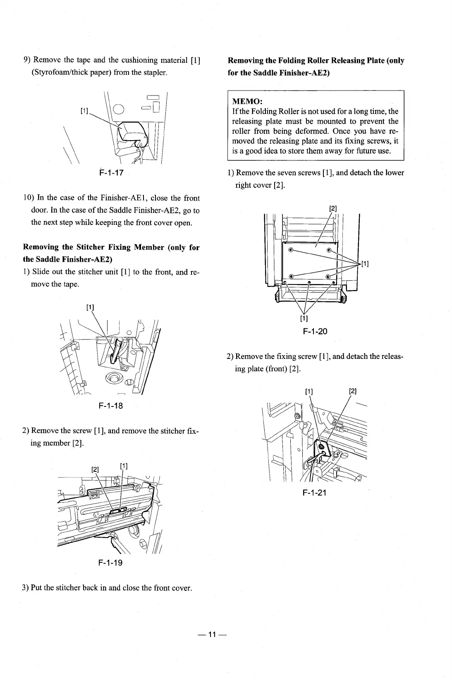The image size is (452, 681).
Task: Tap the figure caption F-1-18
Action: pyautogui.click(x=111, y=406)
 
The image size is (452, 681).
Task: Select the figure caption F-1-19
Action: pyautogui.click(x=110, y=563)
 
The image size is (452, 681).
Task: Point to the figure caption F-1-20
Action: pyautogui.click(x=315, y=331)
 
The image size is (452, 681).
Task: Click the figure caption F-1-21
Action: pyautogui.click(x=315, y=492)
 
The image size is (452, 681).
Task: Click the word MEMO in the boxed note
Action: pyautogui.click(x=247, y=101)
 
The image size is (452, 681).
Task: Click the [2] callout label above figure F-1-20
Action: pyautogui.click(x=333, y=208)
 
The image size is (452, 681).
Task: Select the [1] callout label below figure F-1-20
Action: pyautogui.click(x=304, y=318)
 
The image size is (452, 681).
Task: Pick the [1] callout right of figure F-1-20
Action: pyautogui.click(x=365, y=264)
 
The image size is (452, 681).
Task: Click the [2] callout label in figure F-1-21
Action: pyautogui.click(x=353, y=391)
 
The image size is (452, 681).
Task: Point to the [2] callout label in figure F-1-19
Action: pyautogui.click(x=95, y=469)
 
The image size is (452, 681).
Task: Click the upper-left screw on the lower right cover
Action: pyautogui.click(x=291, y=250)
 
